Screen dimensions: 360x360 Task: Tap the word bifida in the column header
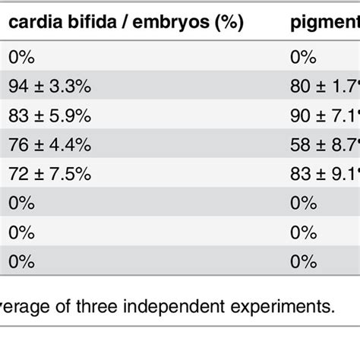[83, 24]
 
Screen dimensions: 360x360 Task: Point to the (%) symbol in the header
[225, 24]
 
